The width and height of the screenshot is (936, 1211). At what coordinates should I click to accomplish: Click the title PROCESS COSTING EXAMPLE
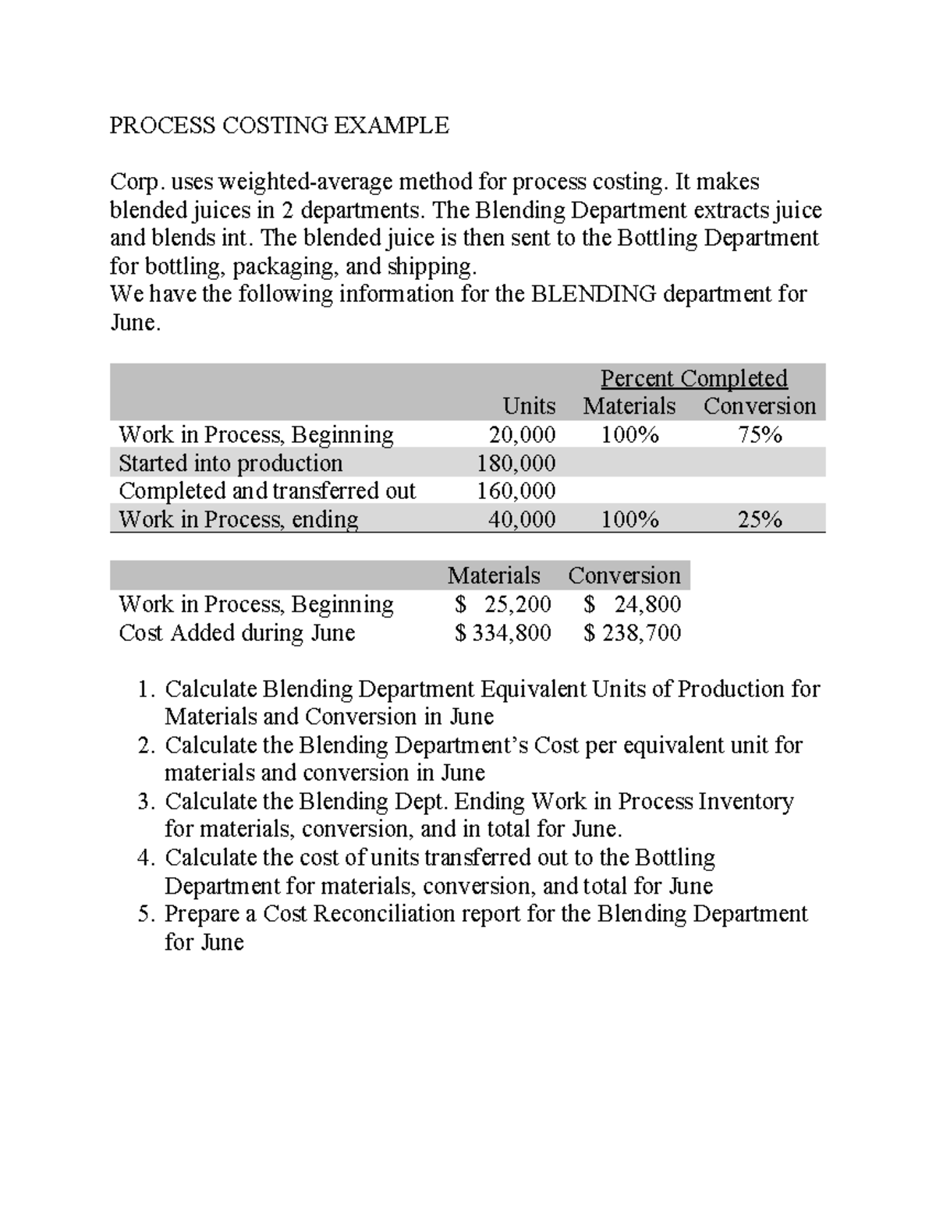click(279, 126)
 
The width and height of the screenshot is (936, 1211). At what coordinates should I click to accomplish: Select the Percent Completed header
click(693, 378)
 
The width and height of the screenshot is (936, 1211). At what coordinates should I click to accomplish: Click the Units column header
click(529, 406)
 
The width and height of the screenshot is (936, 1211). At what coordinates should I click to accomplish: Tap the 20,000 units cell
click(522, 434)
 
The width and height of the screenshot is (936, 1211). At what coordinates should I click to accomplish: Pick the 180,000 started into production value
click(516, 463)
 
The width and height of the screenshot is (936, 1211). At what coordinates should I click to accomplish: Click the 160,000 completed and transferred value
click(516, 491)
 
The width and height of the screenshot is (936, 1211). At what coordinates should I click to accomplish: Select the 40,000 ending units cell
click(522, 519)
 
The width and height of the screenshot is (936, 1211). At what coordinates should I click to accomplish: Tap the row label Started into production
click(230, 463)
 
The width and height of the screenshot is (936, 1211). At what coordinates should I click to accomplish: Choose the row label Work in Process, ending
click(238, 519)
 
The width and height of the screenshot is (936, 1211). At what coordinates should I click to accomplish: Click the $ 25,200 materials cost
click(503, 604)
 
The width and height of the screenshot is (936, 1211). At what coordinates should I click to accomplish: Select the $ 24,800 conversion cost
click(633, 604)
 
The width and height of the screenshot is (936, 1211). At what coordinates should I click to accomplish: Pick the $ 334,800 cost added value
click(503, 632)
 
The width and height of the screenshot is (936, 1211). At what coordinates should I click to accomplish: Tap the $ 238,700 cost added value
click(633, 632)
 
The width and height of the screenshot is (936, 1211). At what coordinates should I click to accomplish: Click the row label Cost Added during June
click(236, 632)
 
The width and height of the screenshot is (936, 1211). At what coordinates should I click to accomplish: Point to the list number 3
click(145, 802)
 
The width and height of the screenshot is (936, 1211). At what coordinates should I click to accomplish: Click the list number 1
click(145, 689)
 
